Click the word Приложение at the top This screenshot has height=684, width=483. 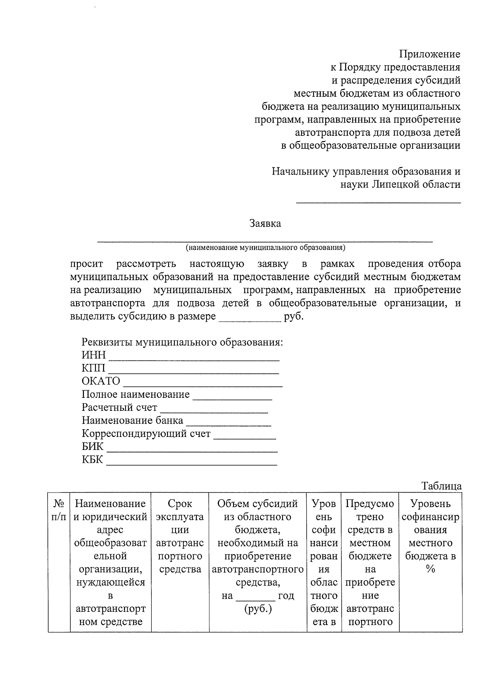tap(429, 54)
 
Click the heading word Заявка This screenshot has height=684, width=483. tap(265, 223)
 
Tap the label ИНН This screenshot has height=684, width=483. tap(93, 355)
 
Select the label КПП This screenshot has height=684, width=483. tap(93, 368)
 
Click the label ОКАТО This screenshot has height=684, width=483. tap(101, 381)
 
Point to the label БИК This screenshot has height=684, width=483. tap(93, 447)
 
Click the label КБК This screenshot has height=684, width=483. tap(93, 459)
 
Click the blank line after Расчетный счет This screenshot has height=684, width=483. tap(214, 412)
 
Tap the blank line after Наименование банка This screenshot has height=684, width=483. tap(228, 425)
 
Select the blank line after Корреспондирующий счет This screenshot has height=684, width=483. tap(244, 438)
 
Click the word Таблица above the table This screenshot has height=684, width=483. tap(442, 486)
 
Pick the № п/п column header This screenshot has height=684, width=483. tap(59, 510)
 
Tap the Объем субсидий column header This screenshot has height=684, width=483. tap(258, 503)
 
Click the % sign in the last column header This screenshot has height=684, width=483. tap(430, 569)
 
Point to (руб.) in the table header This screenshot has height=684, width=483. tap(258, 609)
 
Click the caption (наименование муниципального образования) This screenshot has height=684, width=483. tap(265, 247)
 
